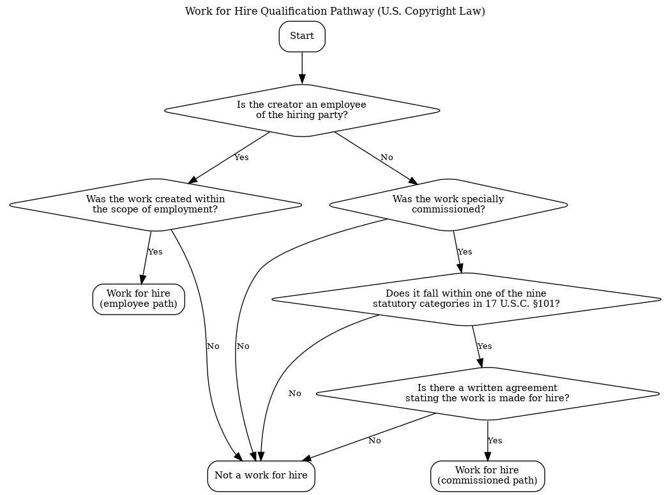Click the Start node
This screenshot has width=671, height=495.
click(302, 36)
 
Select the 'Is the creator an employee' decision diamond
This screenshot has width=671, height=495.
click(302, 110)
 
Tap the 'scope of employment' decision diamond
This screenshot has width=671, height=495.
click(155, 205)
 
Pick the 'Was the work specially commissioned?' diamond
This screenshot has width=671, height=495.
click(448, 205)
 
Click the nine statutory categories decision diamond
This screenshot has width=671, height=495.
click(466, 299)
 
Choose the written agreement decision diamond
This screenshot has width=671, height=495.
click(487, 394)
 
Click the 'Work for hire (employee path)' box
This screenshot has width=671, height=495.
click(139, 299)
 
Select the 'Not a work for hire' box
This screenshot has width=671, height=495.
click(261, 476)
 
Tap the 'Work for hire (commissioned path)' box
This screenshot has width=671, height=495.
click(487, 476)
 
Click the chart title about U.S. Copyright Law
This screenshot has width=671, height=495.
click(335, 11)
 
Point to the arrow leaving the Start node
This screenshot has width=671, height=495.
click(302, 68)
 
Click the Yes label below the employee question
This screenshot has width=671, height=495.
click(241, 158)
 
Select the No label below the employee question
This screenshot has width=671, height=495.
click(387, 158)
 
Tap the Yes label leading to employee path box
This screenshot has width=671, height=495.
click(155, 252)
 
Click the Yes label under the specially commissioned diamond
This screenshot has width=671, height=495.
click(465, 252)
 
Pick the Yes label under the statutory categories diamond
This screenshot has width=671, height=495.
click(485, 346)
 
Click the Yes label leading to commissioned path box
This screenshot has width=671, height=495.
click(495, 441)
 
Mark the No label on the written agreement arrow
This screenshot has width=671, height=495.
click(374, 441)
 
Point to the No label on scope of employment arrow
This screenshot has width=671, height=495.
click(213, 346)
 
